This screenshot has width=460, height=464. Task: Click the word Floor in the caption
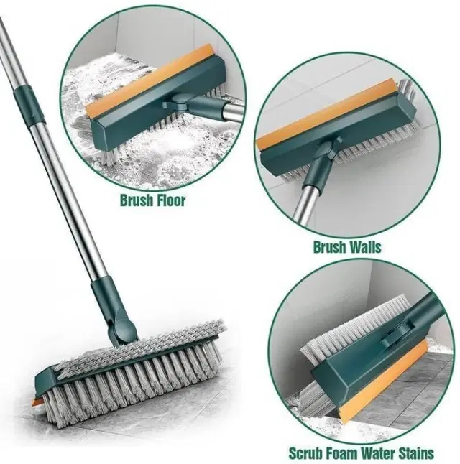[170, 200]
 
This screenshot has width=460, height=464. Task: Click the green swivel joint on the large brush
[124, 331]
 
